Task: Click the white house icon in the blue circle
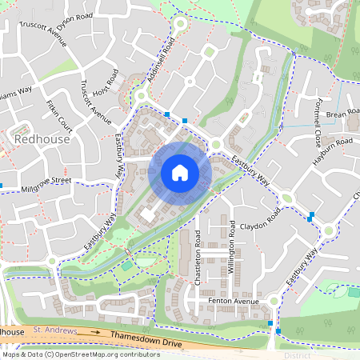pos(179,173)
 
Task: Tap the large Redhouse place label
pos(42,139)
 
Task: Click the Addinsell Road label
pos(158,63)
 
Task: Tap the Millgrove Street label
pos(46,183)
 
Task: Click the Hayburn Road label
pos(334,144)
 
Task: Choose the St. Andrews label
pos(54,330)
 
